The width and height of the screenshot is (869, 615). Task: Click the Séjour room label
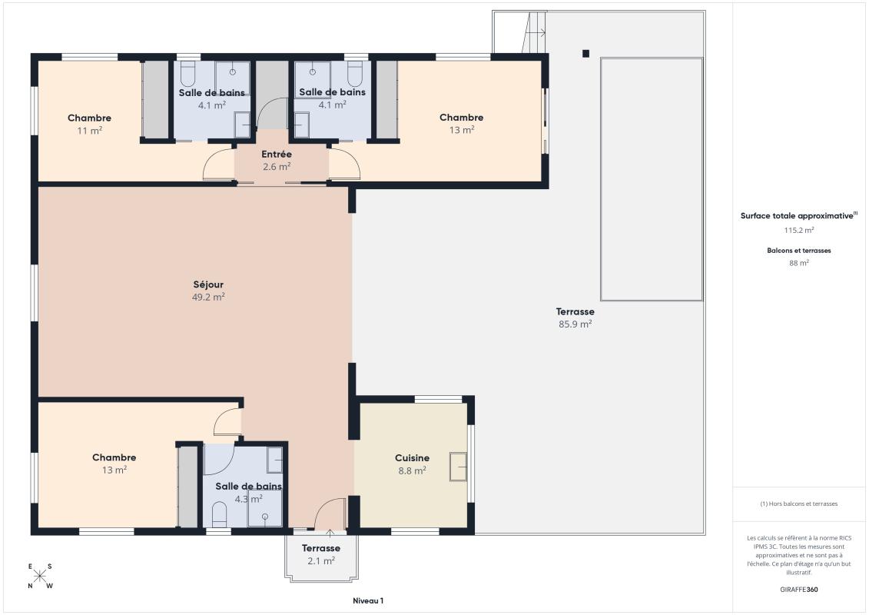pyautogui.click(x=207, y=284)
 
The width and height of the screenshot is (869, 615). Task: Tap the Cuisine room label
pyautogui.click(x=412, y=458)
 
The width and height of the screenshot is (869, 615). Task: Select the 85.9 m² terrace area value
pyautogui.click(x=575, y=324)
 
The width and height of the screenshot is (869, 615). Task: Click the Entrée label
pyautogui.click(x=277, y=155)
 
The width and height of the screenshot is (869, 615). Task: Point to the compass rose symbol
pyautogui.click(x=40, y=576)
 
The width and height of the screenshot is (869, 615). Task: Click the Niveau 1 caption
pyautogui.click(x=363, y=601)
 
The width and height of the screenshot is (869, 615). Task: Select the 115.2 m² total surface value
pyautogui.click(x=799, y=230)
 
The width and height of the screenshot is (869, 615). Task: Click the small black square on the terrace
pyautogui.click(x=585, y=54)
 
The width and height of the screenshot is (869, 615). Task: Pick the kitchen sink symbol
pyautogui.click(x=459, y=467)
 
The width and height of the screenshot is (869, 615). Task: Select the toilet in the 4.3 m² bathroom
pyautogui.click(x=219, y=514)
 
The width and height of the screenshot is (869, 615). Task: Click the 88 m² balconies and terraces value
pyautogui.click(x=799, y=263)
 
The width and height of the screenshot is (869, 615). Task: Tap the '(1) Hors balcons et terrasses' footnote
pyautogui.click(x=799, y=504)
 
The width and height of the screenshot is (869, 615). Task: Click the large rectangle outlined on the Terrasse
pyautogui.click(x=651, y=178)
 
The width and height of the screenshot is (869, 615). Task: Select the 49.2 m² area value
pyautogui.click(x=207, y=297)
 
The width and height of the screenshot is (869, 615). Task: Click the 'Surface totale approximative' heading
pyautogui.click(x=797, y=216)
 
